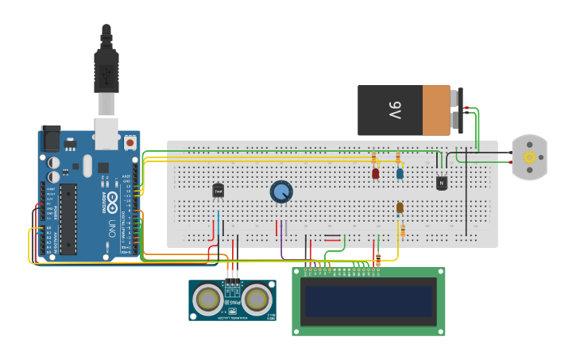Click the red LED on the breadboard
(376, 172)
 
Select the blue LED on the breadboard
(400, 172)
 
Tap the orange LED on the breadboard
(400, 207)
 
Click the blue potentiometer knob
(281, 192)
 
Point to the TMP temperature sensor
(218, 191)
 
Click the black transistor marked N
(442, 183)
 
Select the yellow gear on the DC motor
(529, 157)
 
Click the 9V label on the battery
(395, 110)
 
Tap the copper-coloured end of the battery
(436, 110)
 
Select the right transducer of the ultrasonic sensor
(256, 299)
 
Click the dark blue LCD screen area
(369, 301)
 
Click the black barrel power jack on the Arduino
(50, 138)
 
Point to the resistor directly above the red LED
(373, 157)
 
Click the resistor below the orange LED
(402, 230)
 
